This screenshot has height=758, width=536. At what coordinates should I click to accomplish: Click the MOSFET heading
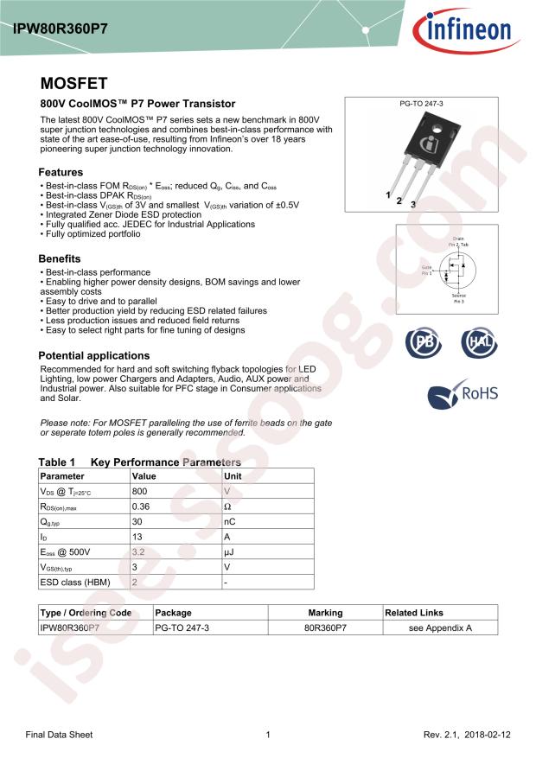coord(73,84)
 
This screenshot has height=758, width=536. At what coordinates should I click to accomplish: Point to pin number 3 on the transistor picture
coord(413,204)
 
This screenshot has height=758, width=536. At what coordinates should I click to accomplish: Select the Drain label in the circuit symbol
coord(458,238)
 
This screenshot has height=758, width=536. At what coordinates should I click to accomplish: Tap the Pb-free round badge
coord(424,342)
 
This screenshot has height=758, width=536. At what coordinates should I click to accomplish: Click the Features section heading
coord(61,172)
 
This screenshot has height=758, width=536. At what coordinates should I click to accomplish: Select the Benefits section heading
coord(60,258)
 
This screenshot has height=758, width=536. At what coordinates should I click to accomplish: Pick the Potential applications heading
coord(94,355)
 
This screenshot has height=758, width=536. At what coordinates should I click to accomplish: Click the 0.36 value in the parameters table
coord(141,506)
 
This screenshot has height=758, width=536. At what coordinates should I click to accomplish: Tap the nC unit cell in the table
coord(230,522)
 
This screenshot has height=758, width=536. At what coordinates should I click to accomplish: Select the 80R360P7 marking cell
coord(325,628)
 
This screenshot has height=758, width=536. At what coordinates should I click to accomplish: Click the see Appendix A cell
coord(440,628)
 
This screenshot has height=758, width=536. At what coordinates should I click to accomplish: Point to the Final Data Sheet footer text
coord(59,735)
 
